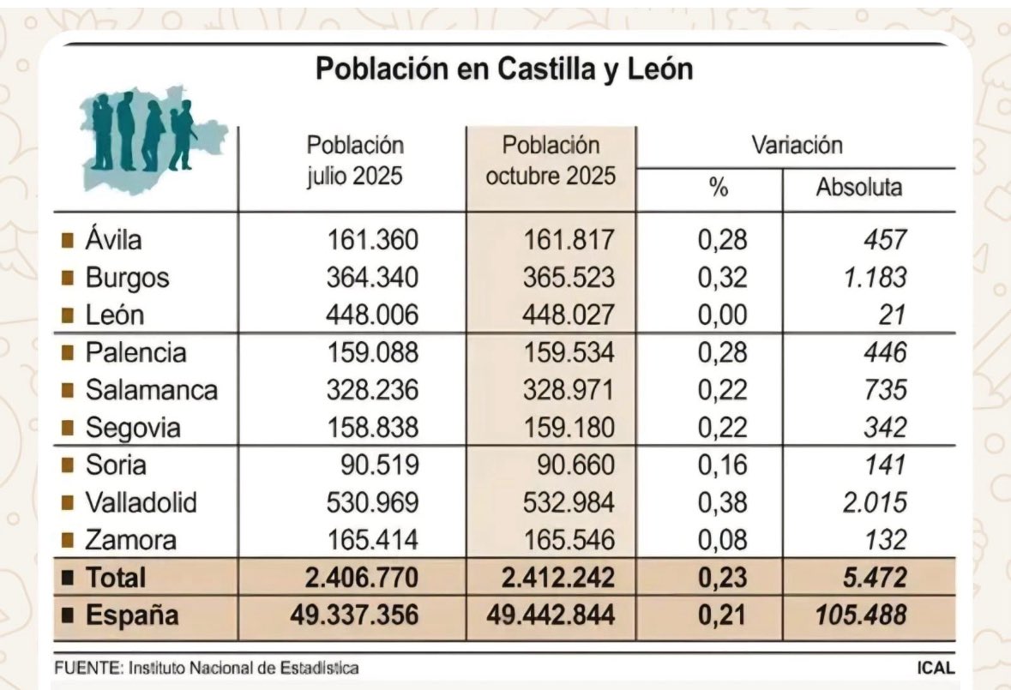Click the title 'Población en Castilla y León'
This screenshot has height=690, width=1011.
tap(504, 69)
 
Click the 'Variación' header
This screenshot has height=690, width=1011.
tap(797, 145)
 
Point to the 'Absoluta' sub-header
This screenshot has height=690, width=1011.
tap(858, 188)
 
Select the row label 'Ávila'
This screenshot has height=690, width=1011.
tap(113, 240)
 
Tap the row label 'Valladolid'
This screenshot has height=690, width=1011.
tap(141, 503)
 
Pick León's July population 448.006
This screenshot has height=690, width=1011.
tap(371, 315)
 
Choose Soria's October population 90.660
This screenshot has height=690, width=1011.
tap(570, 465)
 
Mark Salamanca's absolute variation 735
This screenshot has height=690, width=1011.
tap(885, 390)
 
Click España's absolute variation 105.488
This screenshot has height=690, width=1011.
tap(855, 615)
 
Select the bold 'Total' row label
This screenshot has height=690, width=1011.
tap(115, 579)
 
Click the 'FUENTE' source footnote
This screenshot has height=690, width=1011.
tap(206, 668)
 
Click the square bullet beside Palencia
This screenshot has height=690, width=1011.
tap(67, 353)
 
